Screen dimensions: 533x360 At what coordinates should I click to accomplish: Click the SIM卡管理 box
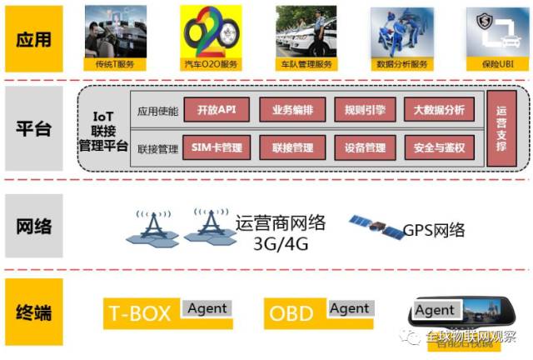pos(216,148)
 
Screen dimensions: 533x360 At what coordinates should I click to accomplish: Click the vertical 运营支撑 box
pos(501,129)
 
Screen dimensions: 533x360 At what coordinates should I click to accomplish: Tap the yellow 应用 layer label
pos(34,38)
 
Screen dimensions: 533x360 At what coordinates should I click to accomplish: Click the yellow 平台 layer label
pos(34,129)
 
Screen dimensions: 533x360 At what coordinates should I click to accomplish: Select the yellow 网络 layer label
pos(34,226)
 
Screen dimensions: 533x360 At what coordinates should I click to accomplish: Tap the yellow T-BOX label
pos(140,314)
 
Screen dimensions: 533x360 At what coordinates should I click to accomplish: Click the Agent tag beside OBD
pos(349,309)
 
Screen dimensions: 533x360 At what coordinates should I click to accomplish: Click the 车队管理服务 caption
pos(306,63)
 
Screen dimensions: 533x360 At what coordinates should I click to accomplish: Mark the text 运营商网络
pos(280,222)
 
